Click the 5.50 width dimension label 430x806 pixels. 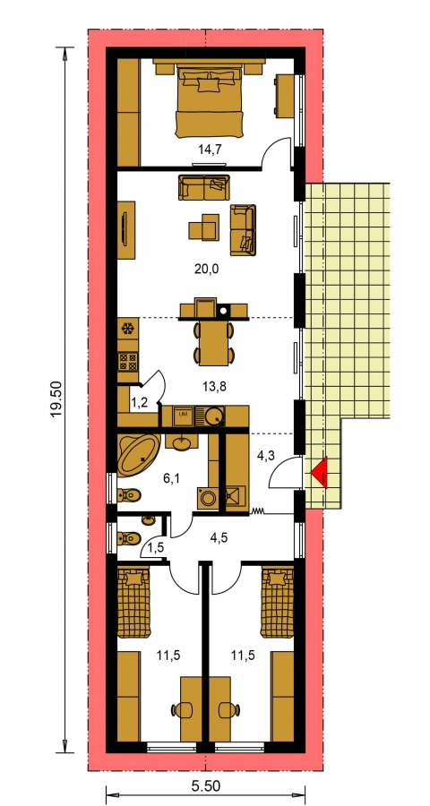206,786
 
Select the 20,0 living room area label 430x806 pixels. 207,269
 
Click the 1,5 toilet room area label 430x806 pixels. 157,548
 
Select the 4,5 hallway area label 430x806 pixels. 219,538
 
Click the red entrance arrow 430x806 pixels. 320,471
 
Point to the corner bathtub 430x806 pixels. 138,454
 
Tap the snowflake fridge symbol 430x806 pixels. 127,328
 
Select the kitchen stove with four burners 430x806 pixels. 127,362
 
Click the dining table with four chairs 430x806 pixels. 213,342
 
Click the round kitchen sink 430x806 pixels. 213,416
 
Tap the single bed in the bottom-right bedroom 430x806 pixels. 277,602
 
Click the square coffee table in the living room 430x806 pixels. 204,227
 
